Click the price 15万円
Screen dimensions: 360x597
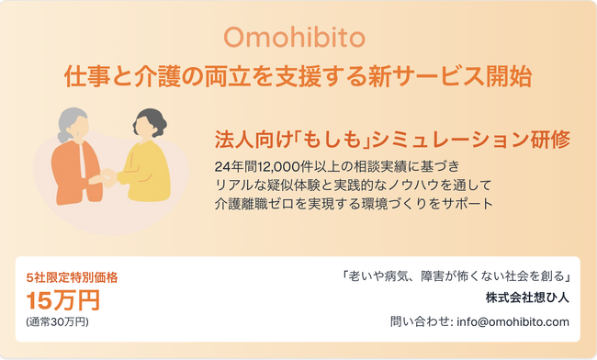click(62, 300)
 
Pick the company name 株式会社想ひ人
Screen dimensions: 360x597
click(528, 298)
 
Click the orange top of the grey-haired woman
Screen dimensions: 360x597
click(73, 174)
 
